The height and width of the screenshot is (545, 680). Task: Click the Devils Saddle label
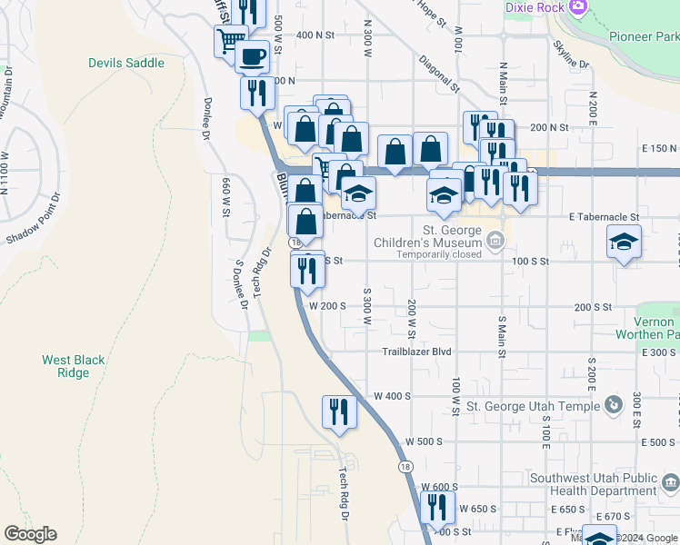click(x=126, y=63)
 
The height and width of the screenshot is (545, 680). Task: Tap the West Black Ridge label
click(x=73, y=366)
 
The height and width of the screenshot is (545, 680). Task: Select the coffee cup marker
click(x=252, y=56)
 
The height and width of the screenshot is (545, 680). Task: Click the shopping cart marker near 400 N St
click(x=231, y=39)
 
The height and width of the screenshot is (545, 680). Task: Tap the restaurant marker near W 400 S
click(x=339, y=411)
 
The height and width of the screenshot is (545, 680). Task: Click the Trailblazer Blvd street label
click(x=416, y=352)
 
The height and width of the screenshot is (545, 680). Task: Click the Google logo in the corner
click(x=30, y=534)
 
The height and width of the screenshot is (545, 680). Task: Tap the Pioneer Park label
click(x=645, y=36)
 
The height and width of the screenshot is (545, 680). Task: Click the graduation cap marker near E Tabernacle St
click(x=624, y=243)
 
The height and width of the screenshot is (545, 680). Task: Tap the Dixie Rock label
click(x=535, y=7)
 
